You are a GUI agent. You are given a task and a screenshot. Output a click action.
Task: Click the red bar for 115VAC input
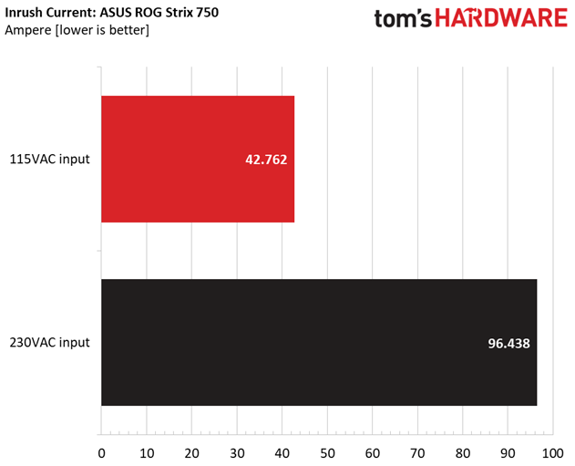click(x=197, y=160)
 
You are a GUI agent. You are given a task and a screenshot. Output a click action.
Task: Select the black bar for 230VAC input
click(x=319, y=342)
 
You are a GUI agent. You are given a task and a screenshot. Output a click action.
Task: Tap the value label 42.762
click(x=267, y=160)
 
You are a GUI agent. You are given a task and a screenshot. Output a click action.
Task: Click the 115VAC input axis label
click(x=51, y=160)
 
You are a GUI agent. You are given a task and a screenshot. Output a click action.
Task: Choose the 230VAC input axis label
click(x=51, y=343)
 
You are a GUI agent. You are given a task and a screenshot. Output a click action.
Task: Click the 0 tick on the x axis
click(x=101, y=451)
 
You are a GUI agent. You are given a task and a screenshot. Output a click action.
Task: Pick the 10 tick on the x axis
click(x=147, y=451)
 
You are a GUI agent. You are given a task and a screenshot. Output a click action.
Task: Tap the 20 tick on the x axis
click(x=191, y=451)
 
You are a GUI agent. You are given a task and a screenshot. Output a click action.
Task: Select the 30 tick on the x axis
click(x=237, y=451)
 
